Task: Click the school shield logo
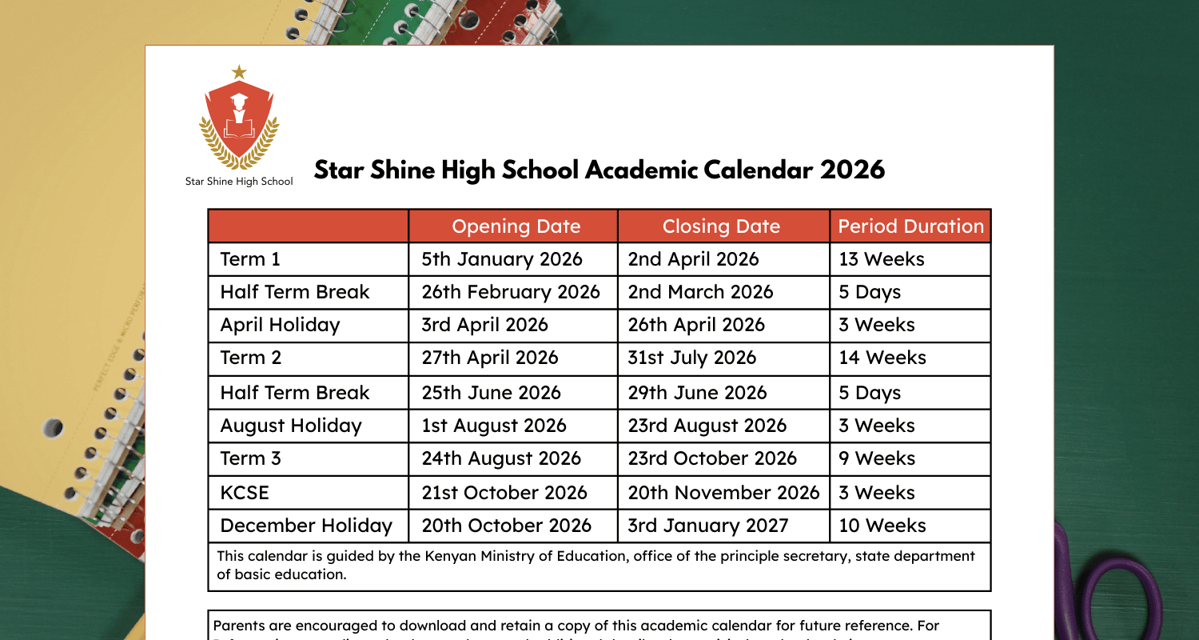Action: pos(239,120)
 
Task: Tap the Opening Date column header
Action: pos(516,226)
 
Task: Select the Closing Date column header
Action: pos(721,226)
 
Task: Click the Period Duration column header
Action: pos(911,226)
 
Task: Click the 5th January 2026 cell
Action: pos(502,259)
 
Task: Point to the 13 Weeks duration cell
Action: pos(882,259)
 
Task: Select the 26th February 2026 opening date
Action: pos(511,293)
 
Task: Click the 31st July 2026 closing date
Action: pos(691,358)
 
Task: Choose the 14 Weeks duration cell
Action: pos(882,358)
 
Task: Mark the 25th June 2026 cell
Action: pos(491,393)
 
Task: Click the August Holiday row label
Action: pos(291,426)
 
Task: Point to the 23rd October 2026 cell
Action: pos(712,459)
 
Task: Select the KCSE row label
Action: pos(245,493)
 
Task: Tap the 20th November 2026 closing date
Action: pos(724,493)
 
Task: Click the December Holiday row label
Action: pos(306,526)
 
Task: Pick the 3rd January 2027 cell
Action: pos(708,526)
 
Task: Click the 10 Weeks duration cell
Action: pos(882,526)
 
